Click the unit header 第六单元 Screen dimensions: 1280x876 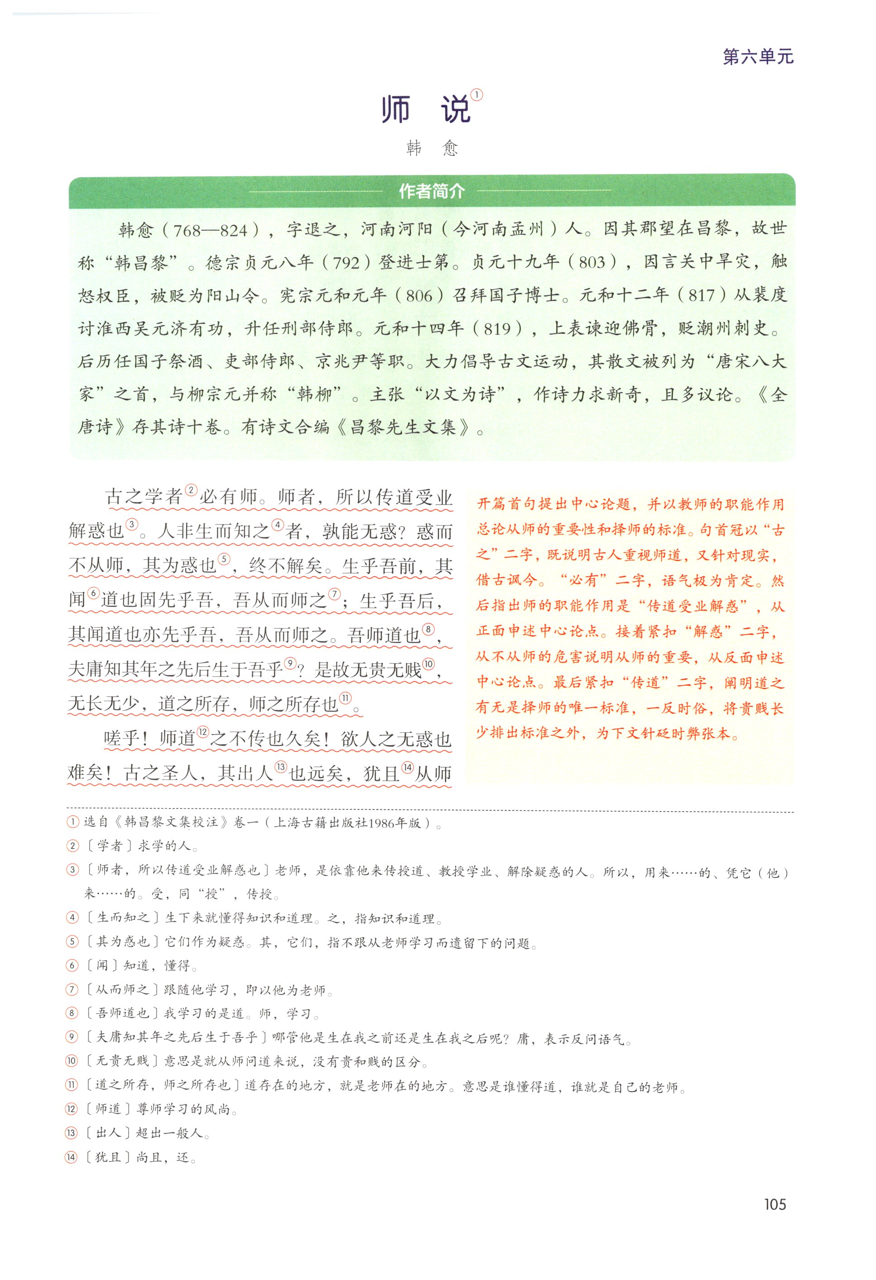coord(758,57)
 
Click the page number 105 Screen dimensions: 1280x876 coord(775,1204)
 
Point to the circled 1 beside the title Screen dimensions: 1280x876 coord(476,95)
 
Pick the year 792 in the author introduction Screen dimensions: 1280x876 coord(347,263)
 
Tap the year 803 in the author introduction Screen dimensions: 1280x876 coord(592,263)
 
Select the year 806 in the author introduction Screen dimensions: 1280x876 coord(419,296)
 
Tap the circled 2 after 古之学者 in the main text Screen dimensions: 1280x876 coord(191,490)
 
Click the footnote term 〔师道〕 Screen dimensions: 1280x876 coord(108,1110)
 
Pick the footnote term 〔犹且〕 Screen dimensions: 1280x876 coord(108,1157)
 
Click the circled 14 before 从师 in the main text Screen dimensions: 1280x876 coord(407,767)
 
